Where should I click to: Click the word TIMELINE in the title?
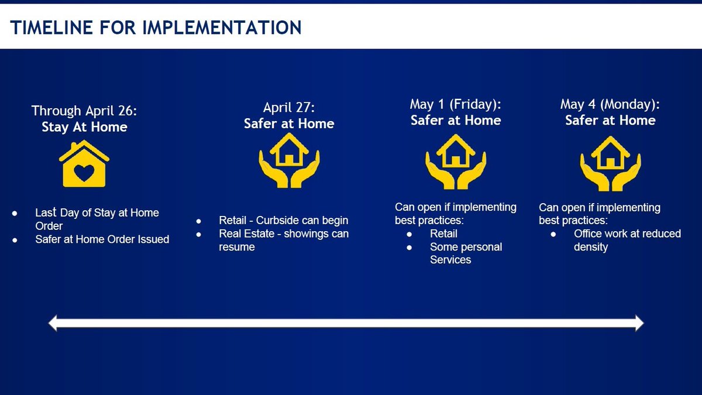[x=51, y=28]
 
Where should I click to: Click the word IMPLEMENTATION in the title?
[x=222, y=28]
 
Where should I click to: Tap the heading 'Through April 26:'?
[x=84, y=111]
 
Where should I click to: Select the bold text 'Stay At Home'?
[x=84, y=127]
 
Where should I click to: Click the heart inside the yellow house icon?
[x=84, y=173]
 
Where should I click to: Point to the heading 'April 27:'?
[x=289, y=108]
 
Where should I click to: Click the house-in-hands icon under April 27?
[x=289, y=160]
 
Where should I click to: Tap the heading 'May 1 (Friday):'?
[x=456, y=104]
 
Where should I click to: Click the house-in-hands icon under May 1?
[x=456, y=162]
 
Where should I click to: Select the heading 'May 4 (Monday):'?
[x=610, y=104]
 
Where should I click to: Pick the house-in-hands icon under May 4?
[x=611, y=163]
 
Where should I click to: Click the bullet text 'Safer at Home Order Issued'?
[x=102, y=239]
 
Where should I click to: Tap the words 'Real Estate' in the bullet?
[x=247, y=234]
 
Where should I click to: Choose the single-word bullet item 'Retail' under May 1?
[x=443, y=233]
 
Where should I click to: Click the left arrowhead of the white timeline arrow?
[x=53, y=323]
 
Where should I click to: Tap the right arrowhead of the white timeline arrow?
[x=639, y=323]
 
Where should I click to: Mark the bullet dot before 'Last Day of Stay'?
[x=15, y=214]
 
